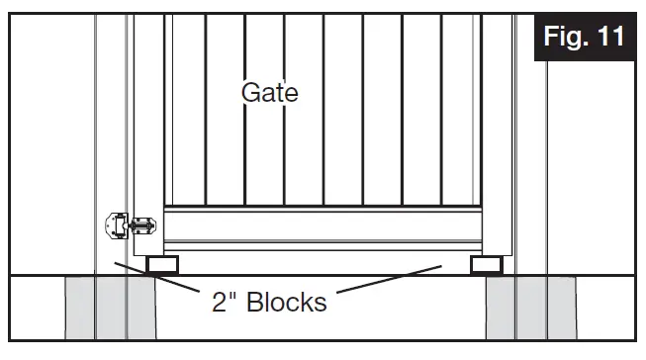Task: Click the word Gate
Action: (270, 93)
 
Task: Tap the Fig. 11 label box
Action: (584, 38)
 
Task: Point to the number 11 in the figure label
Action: (607, 38)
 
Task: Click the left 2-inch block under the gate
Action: (161, 265)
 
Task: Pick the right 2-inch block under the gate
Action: (485, 265)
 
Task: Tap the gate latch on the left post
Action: (129, 226)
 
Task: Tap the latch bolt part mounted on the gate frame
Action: (144, 227)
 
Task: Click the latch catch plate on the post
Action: (116, 226)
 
